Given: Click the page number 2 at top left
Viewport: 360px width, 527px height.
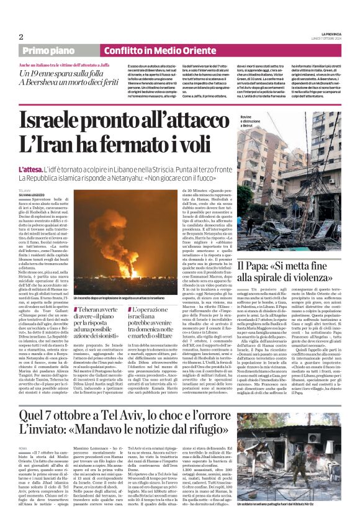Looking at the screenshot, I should (x=22, y=37).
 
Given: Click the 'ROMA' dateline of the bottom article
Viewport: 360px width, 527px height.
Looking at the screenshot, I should (x=24, y=448).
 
